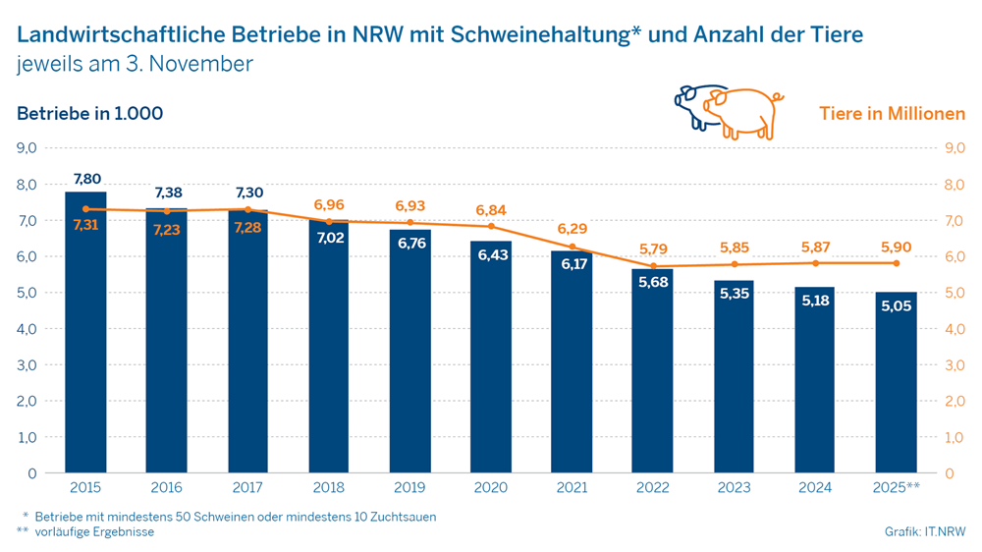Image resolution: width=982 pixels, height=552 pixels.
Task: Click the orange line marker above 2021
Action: pyautogui.click(x=573, y=247)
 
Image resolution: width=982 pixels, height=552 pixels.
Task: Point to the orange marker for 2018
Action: pyautogui.click(x=329, y=222)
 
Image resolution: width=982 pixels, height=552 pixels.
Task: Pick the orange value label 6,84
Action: pyautogui.click(x=491, y=210)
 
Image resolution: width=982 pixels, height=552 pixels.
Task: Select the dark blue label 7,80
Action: pyautogui.click(x=86, y=179)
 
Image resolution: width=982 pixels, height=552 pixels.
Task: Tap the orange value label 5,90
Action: pyautogui.click(x=896, y=246)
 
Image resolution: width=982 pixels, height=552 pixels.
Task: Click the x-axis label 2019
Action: pyautogui.click(x=409, y=486)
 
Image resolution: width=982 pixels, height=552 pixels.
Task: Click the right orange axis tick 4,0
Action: pyautogui.click(x=954, y=329)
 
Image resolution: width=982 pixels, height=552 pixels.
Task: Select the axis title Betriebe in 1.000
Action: pyautogui.click(x=89, y=113)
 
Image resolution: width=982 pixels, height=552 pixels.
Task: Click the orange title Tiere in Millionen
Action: pyautogui.click(x=893, y=113)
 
